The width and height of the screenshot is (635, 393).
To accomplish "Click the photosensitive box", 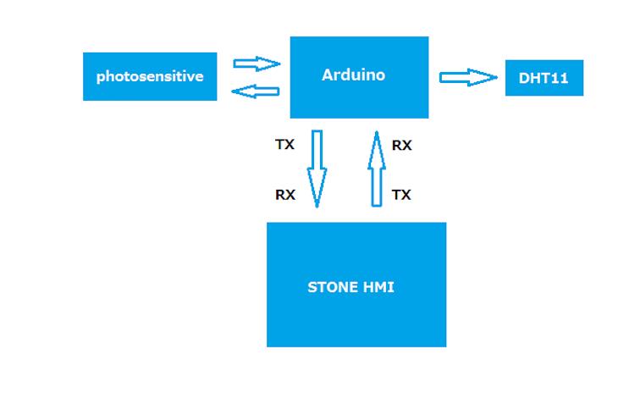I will pyautogui.click(x=150, y=76).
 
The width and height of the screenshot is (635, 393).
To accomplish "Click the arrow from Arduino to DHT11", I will pyautogui.click(x=467, y=78).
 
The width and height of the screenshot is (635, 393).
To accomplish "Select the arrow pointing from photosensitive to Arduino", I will pyautogui.click(x=256, y=64).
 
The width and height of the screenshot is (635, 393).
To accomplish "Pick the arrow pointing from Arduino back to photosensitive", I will pyautogui.click(x=256, y=91).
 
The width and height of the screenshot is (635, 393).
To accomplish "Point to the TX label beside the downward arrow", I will pyautogui.click(x=284, y=145).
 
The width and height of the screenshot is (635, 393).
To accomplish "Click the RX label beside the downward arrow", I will pyautogui.click(x=284, y=195).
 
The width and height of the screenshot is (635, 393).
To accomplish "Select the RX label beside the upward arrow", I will pyautogui.click(x=401, y=146).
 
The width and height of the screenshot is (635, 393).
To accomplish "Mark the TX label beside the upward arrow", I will pyautogui.click(x=401, y=195).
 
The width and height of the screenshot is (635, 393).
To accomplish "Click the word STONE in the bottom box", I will pyautogui.click(x=332, y=287).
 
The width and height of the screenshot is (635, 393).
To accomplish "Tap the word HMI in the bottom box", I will pyautogui.click(x=378, y=287).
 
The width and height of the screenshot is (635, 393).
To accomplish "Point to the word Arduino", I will pyautogui.click(x=353, y=75).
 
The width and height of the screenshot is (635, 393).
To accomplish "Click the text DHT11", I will pyautogui.click(x=544, y=80).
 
